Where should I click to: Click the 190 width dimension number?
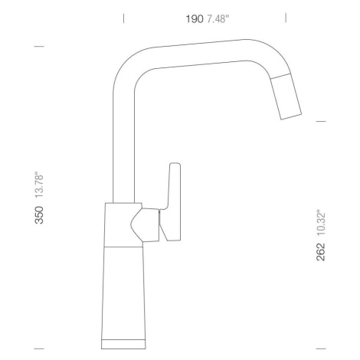tap(195, 19)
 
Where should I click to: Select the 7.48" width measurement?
tap(218, 19)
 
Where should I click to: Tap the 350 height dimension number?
tap(39, 215)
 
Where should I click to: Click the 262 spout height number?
tap(321, 252)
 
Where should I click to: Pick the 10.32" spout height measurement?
tap(321, 223)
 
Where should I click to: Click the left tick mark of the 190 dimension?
tap(124, 18)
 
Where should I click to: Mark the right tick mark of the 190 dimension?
tap(286, 18)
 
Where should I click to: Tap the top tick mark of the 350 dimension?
tap(39, 47)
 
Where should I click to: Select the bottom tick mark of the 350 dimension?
tap(39, 349)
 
